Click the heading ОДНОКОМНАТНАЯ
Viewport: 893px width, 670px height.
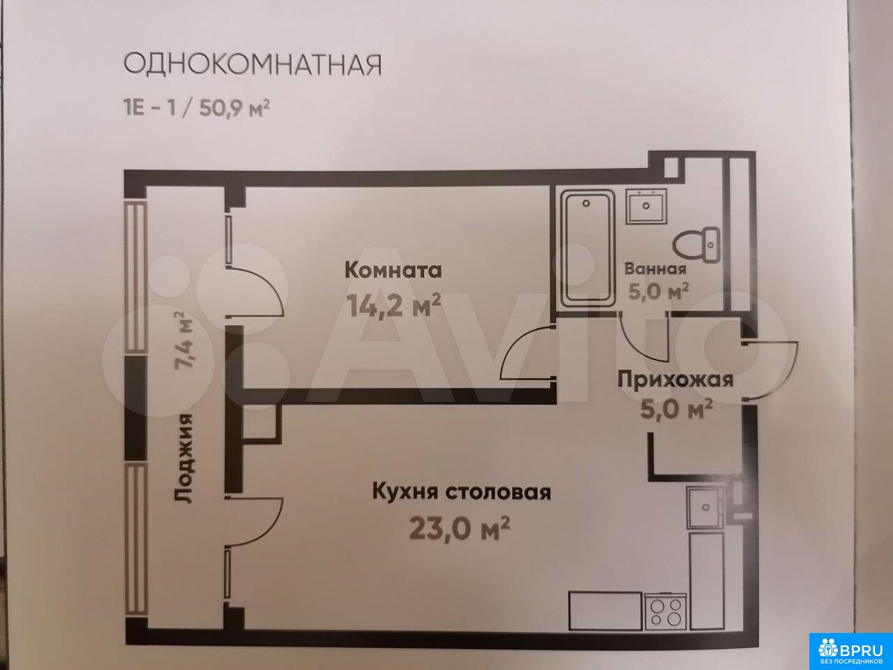point(253,65)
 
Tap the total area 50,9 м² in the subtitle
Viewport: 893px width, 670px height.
point(234,108)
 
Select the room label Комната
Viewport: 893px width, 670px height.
point(393,271)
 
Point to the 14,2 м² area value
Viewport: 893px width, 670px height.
point(393,305)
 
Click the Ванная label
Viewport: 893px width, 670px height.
point(655,269)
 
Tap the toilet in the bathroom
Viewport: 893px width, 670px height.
point(696,245)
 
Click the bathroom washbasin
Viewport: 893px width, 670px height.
point(646,206)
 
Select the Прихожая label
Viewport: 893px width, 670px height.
point(675,380)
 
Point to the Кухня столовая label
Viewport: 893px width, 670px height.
point(462,491)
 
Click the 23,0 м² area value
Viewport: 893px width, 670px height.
point(459,528)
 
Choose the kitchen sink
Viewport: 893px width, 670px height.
point(706,507)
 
